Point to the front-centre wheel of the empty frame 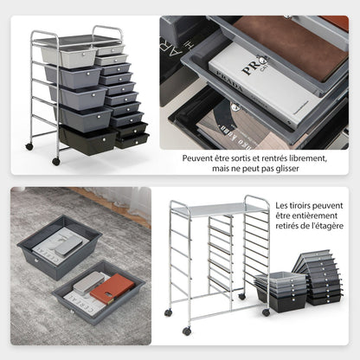[x=186, y=331]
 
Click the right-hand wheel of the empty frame [x=266, y=312]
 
